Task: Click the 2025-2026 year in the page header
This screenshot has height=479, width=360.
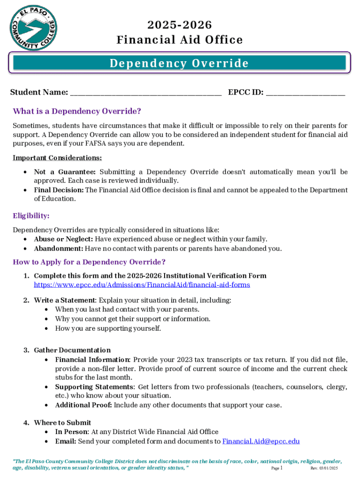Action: coord(180,25)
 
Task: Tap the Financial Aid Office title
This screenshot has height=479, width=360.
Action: coord(180,40)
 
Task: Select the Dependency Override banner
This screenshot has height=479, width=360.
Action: coord(180,63)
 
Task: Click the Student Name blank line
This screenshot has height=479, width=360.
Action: coord(145,93)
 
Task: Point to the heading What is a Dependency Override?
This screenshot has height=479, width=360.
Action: coord(77,111)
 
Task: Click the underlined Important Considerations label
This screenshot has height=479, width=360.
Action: coord(57,158)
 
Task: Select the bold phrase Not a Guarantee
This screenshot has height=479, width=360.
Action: coord(65,172)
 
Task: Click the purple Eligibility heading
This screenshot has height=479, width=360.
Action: coord(31,216)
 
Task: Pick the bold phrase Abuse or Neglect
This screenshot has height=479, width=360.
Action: coord(64,239)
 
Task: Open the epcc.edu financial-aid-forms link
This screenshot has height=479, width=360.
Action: coord(142,284)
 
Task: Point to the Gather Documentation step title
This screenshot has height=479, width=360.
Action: coord(72,350)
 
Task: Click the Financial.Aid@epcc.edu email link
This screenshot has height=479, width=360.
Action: coord(261,441)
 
